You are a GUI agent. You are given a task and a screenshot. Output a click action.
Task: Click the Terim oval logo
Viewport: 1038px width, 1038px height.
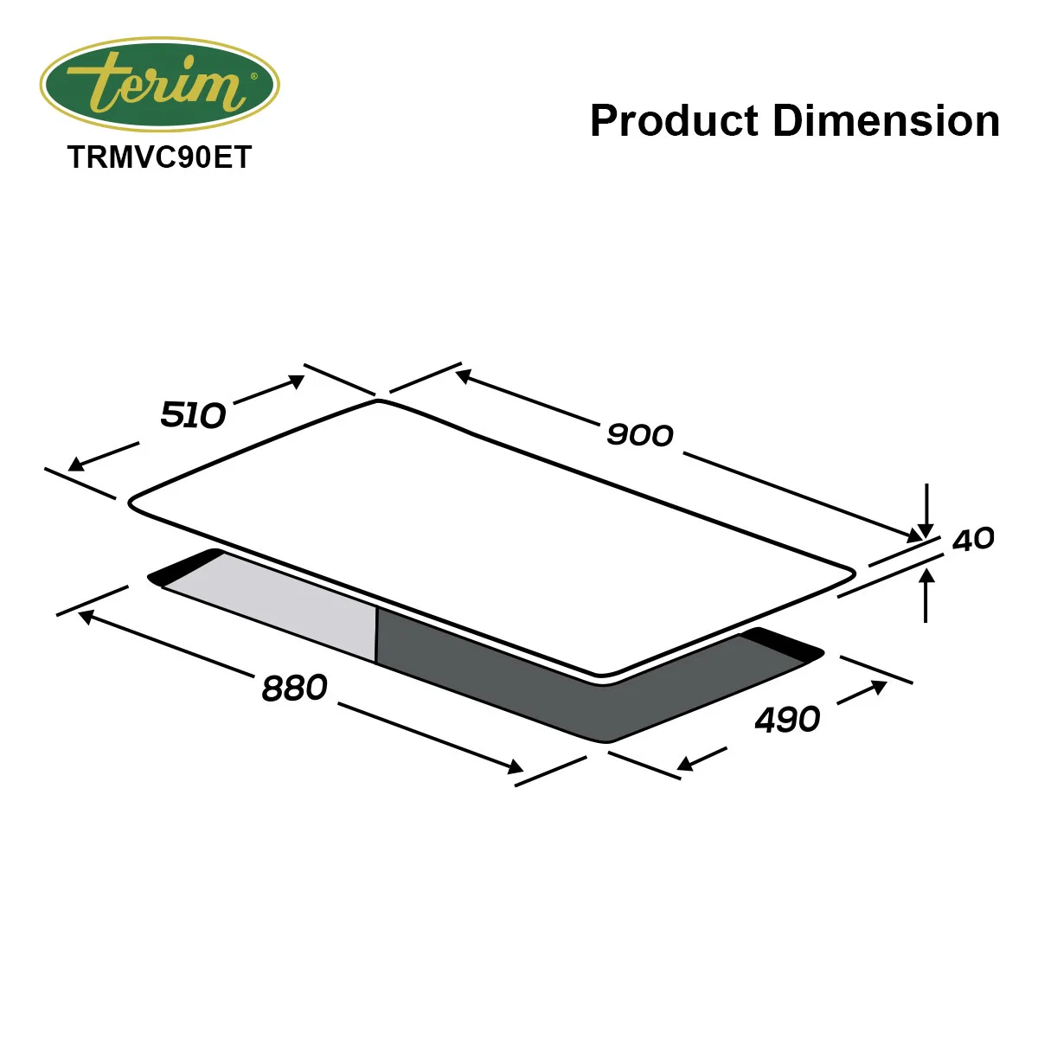pos(159,85)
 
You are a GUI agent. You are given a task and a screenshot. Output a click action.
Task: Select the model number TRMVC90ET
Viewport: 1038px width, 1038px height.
pos(159,157)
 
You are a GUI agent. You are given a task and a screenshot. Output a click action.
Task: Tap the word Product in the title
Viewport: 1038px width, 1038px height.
pos(674,120)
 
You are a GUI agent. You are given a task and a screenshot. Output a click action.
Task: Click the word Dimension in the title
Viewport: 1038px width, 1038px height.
pos(886,120)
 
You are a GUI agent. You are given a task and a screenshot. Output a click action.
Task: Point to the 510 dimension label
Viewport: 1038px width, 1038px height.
pos(193,415)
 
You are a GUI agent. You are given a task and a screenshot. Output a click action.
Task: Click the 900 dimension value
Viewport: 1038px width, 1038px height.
pos(640,435)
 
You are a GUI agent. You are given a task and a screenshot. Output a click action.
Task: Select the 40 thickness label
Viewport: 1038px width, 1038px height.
pos(973,539)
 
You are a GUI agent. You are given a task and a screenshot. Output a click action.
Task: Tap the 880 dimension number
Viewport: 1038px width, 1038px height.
pos(295,688)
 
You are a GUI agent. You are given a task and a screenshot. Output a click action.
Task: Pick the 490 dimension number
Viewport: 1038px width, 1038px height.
pos(787,720)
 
